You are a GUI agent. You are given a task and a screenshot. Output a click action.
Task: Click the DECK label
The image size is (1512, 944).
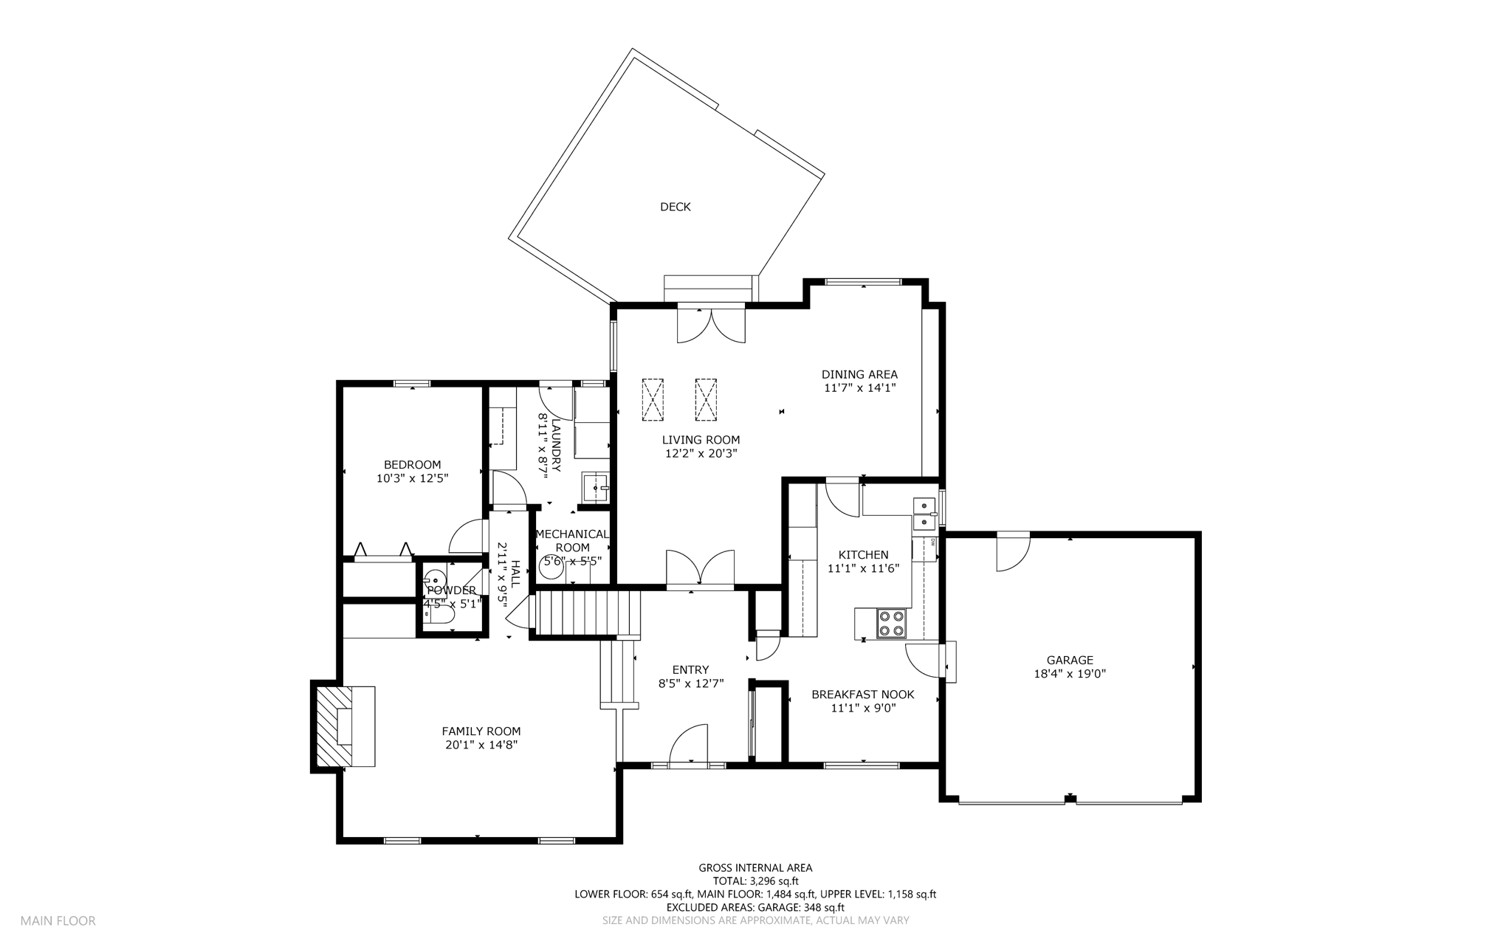[x=675, y=207]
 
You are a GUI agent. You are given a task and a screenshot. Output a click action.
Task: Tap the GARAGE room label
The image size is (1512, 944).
[x=1070, y=661]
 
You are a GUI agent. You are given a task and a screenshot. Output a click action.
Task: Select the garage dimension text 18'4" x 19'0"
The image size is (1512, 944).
[x=1070, y=674]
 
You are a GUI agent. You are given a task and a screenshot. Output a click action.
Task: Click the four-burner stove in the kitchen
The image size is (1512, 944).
[x=890, y=623]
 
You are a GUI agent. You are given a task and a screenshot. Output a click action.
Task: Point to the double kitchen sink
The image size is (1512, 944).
[x=924, y=514]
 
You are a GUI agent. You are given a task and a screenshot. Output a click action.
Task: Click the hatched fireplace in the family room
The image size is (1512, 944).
[x=334, y=726]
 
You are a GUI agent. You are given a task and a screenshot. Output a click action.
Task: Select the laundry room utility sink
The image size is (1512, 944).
[x=595, y=488]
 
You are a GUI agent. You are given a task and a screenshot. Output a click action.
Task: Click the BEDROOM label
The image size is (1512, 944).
[x=412, y=465]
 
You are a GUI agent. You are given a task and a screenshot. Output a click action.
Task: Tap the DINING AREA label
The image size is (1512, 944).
[x=859, y=374]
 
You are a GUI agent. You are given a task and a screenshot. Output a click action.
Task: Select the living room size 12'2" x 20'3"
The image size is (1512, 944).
[x=701, y=453]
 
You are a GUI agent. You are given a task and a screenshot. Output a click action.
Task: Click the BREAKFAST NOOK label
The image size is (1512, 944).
[x=862, y=695]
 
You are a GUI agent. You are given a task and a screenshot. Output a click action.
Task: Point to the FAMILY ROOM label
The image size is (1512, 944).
[x=481, y=731]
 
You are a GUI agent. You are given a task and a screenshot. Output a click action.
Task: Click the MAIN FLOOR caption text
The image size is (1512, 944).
[x=58, y=921]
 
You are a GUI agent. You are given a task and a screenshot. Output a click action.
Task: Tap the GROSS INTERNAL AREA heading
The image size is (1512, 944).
[x=755, y=868]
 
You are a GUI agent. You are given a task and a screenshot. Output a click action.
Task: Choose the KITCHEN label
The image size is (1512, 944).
[x=863, y=555]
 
